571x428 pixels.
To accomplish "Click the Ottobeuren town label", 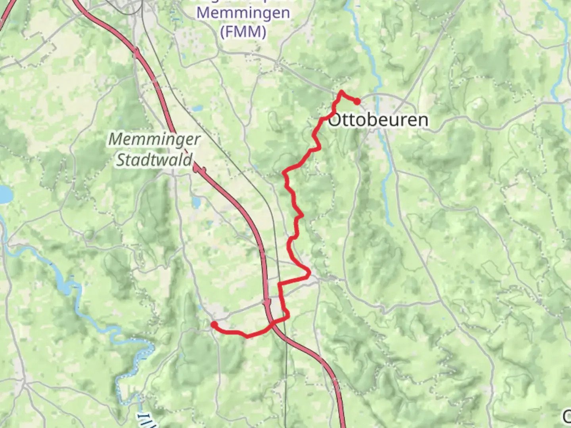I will click(x=378, y=120).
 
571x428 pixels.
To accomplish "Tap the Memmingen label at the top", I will click(x=243, y=13).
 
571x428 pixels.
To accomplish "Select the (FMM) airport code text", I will click(x=243, y=31).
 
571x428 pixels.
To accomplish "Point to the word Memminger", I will click(x=155, y=139).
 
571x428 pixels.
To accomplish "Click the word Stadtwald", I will click(x=155, y=160).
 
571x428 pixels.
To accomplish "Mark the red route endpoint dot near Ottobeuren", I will click(x=357, y=101).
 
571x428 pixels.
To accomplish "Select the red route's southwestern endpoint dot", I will click(x=214, y=325).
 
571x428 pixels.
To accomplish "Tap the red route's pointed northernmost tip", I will click(x=341, y=92).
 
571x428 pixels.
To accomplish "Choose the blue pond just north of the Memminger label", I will click(x=195, y=108).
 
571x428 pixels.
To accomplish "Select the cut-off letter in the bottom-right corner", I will click(x=567, y=416).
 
